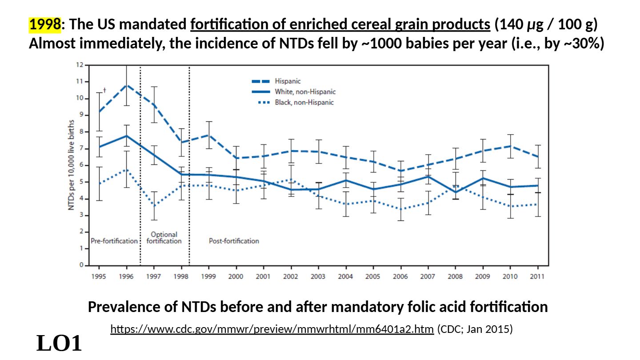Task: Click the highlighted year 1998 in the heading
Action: coord(44,25)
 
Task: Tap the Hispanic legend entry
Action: coord(287,81)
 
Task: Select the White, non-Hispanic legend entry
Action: coord(305,92)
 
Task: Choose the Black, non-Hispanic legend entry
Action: coord(304,103)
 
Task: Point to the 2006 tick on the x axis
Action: coord(400,276)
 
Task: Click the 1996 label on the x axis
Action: coord(127,276)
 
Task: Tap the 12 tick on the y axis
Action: coord(80,65)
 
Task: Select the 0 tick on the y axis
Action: coord(81,265)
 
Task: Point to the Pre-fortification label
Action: coord(114,241)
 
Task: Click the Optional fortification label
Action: coord(164,238)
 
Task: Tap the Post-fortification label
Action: coord(234,241)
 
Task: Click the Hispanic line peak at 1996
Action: coord(127,85)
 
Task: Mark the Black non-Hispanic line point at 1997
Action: coord(154,206)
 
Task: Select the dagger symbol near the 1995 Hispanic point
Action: coord(104,90)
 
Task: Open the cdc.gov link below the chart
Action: coord(272,329)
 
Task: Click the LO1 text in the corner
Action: coord(59,344)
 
